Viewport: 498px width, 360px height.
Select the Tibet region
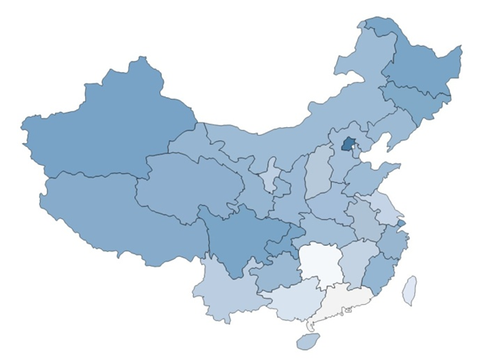click(x=115, y=214)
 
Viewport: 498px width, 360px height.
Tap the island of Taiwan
click(x=410, y=290)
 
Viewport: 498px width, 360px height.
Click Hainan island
click(x=308, y=340)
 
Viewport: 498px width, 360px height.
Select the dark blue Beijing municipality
click(x=349, y=143)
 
